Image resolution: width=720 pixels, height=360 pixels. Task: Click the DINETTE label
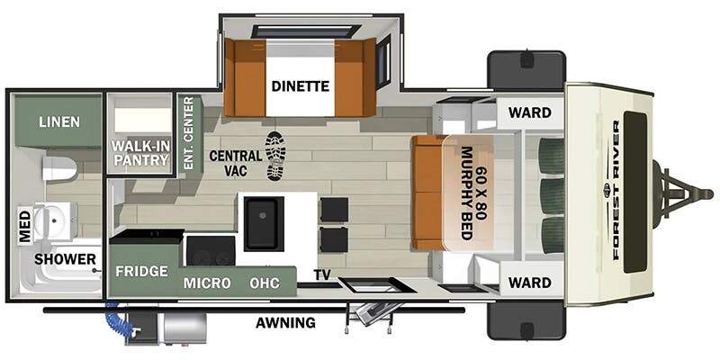coord(301,86)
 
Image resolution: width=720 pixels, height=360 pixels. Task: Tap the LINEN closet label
coord(58,121)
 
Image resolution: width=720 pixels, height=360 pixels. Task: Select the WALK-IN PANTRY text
coord(140,153)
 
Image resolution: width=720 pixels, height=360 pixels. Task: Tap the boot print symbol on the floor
coord(277,156)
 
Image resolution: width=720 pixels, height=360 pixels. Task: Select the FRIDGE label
coord(141,271)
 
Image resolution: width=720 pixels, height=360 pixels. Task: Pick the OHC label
coord(265,283)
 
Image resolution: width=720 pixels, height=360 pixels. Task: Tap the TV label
coord(322,274)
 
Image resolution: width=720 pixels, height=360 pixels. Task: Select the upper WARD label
coord(529,113)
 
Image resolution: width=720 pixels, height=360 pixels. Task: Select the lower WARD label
coord(529,283)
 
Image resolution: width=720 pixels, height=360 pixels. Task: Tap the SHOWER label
coord(66,259)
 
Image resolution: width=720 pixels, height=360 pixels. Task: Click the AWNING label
coord(284,322)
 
